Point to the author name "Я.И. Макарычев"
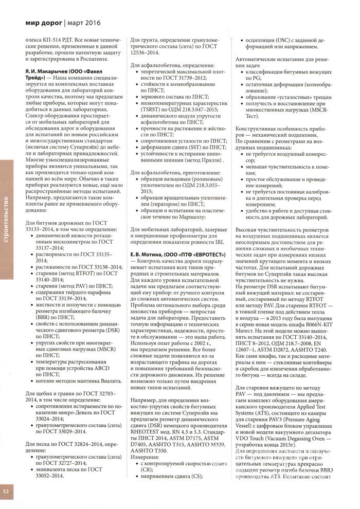point(49,69)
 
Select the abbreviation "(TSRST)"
point(150,110)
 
